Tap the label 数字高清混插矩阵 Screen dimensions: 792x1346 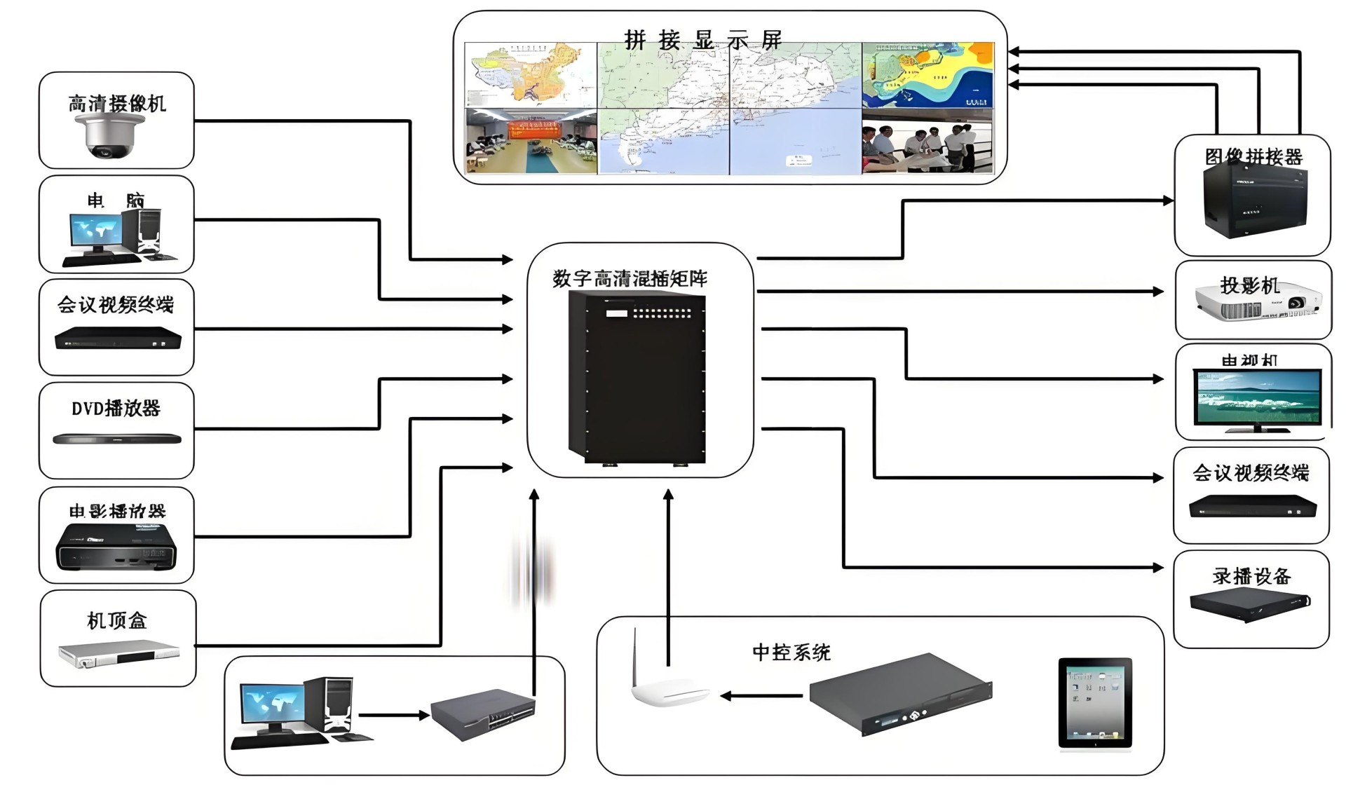tap(630, 279)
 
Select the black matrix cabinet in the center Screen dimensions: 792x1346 tap(637, 378)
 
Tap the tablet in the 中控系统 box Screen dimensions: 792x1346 tap(1094, 703)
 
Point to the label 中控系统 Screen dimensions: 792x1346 tap(791, 653)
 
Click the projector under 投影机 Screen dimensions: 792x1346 tap(1258, 305)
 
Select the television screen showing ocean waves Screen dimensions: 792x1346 tap(1258, 397)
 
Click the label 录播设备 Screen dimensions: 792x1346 tap(1251, 576)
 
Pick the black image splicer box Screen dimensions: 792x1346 tap(1255, 200)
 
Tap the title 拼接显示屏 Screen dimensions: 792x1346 tap(702, 40)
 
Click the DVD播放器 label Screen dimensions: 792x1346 tap(116, 409)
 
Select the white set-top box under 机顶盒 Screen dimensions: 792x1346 tap(118, 654)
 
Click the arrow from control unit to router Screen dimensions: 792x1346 tap(761, 696)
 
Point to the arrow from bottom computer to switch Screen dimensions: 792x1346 tap(393, 716)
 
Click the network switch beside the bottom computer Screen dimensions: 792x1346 tap(482, 714)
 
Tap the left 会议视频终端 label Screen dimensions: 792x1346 tap(116, 305)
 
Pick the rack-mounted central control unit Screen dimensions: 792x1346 tap(901, 694)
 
